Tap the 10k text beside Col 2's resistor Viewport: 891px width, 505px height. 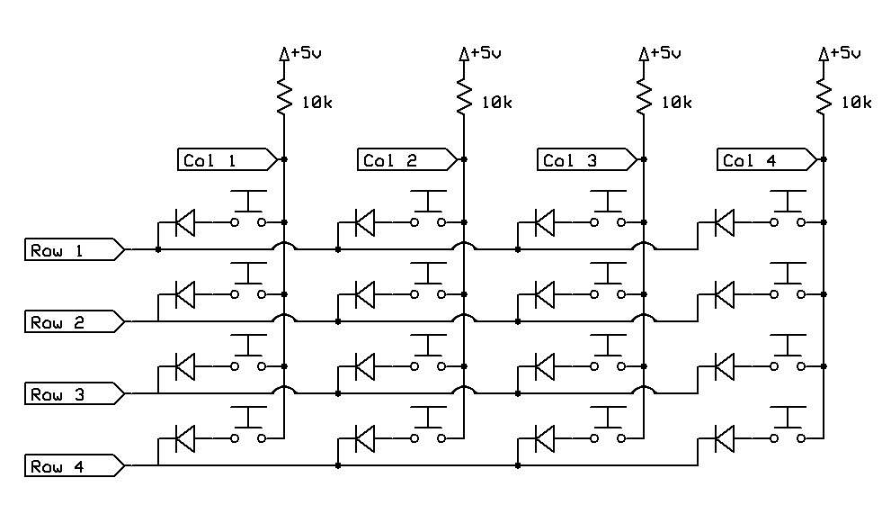coord(497,103)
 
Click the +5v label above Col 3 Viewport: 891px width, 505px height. coord(664,53)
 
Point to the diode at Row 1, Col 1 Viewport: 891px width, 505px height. coord(184,221)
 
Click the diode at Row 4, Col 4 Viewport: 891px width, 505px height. coord(724,437)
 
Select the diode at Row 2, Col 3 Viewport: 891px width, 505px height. coord(544,293)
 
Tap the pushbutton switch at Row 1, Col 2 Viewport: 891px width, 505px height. coord(428,211)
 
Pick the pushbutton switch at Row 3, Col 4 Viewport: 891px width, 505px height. coord(788,355)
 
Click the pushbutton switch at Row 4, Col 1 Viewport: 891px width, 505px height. coord(248,427)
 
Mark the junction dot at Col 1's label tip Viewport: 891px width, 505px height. coord(284,159)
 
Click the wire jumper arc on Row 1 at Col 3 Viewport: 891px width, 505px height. coord(644,244)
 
